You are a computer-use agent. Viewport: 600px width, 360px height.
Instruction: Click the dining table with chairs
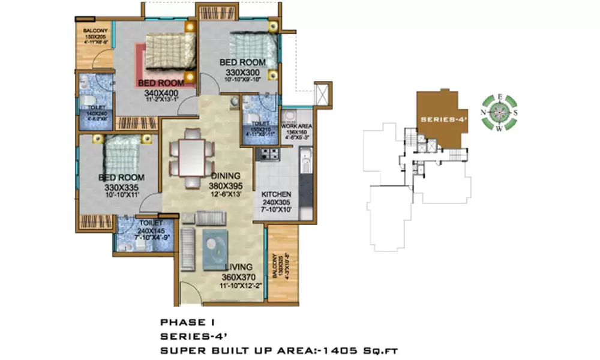[191, 157]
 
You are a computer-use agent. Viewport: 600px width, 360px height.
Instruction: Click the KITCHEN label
[276, 195]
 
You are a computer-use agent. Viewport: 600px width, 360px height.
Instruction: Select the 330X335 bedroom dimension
[121, 188]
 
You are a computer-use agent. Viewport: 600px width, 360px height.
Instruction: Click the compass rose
[499, 112]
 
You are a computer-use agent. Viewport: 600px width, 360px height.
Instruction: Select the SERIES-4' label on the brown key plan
[440, 119]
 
